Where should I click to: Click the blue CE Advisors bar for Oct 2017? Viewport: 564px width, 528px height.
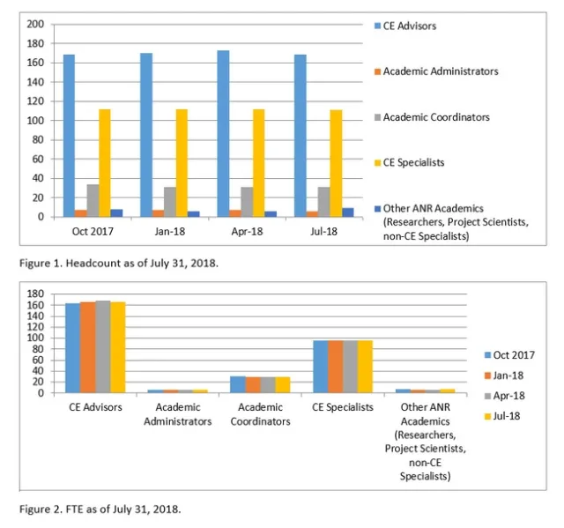click(x=69, y=136)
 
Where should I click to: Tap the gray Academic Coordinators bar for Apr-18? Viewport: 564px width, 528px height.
click(x=247, y=202)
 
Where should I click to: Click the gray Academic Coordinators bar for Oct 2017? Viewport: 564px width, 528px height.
click(x=93, y=200)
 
